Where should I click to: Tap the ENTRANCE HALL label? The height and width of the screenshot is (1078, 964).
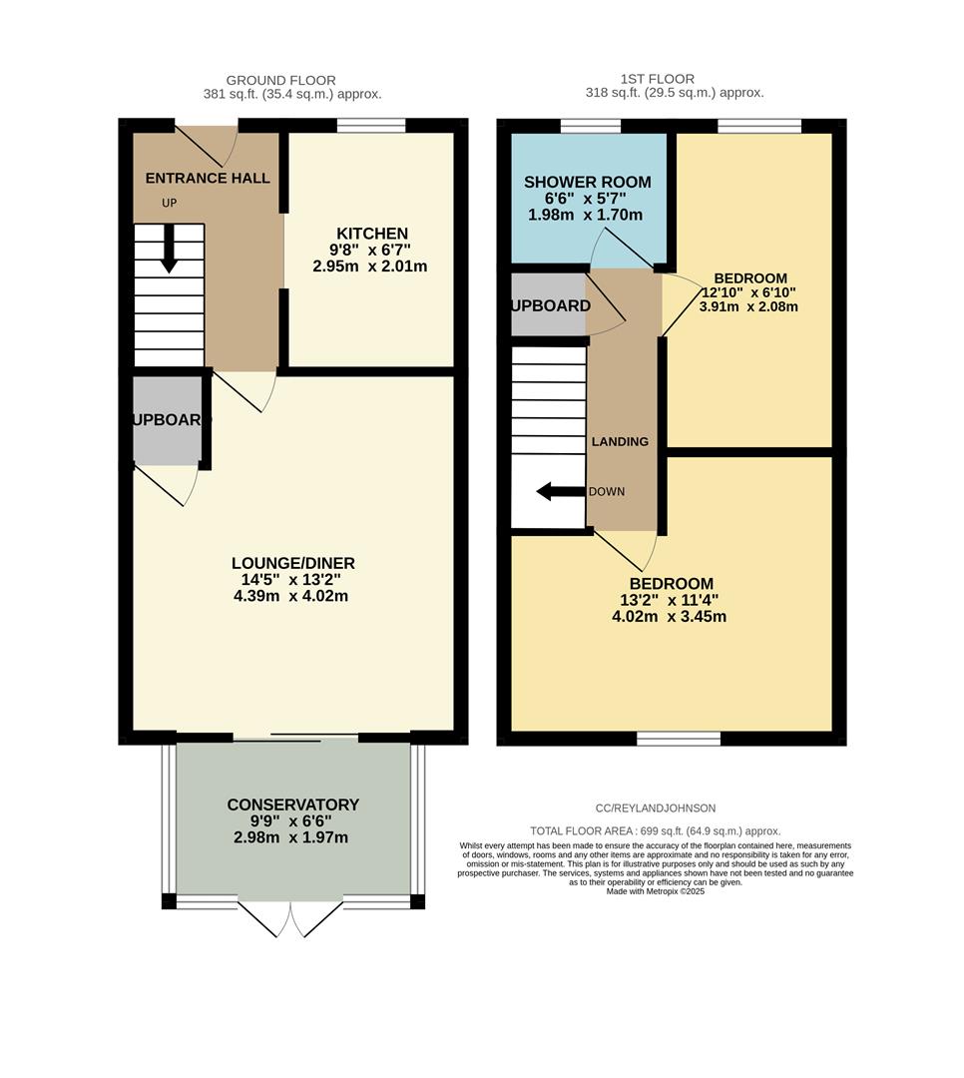208,178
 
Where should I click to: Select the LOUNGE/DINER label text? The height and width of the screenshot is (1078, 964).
292,563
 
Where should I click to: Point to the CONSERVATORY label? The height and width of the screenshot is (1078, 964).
292,805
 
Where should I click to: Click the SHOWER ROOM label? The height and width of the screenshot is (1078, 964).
588,182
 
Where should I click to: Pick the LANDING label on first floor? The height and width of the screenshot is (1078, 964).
620,441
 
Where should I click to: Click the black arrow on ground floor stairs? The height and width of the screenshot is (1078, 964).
169,249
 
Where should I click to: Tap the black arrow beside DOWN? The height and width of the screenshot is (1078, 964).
559,491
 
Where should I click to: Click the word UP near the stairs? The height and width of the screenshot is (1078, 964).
170,204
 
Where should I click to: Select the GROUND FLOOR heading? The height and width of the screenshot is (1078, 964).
280,80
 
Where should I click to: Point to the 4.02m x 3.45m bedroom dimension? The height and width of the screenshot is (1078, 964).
669,616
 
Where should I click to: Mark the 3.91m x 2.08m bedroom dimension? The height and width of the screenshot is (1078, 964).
749,307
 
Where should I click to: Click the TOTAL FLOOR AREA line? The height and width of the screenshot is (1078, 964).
655,830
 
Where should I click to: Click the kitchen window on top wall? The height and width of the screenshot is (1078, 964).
371,126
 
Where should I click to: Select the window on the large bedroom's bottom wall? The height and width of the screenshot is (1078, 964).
679,739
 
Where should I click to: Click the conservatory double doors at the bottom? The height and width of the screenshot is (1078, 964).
290,918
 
